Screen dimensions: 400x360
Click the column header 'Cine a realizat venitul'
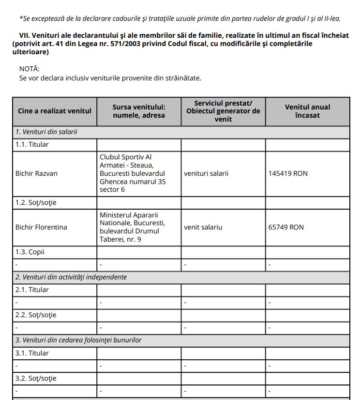click(x=54, y=111)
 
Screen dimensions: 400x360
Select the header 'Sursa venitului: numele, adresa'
click(x=139, y=111)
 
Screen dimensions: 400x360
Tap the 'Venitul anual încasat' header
click(x=307, y=111)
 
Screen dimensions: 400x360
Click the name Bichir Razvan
click(x=36, y=173)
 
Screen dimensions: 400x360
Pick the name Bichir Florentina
click(x=41, y=227)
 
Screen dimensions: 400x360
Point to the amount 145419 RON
click(x=288, y=173)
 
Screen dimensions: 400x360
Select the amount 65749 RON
click(x=286, y=227)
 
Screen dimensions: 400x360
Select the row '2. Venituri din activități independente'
click(x=71, y=277)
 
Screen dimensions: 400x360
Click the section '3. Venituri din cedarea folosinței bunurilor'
click(x=78, y=340)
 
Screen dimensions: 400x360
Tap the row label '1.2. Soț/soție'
click(x=36, y=202)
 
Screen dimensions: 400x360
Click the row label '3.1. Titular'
click(x=32, y=353)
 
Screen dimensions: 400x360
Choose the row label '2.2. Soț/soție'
click(x=36, y=315)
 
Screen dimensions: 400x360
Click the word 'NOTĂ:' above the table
click(x=30, y=69)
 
